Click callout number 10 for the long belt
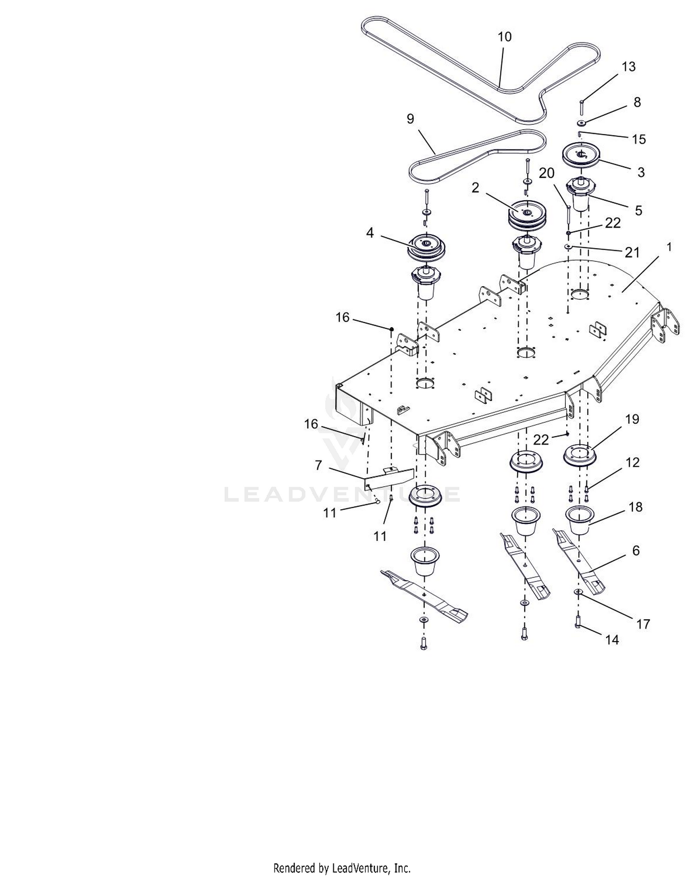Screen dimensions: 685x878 (504, 37)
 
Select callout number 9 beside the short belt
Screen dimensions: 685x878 (410, 119)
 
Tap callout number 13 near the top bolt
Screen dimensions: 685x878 (628, 67)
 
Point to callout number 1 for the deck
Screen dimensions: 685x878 (669, 247)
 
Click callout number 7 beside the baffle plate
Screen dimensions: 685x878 (318, 465)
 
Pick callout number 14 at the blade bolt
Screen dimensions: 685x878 (612, 640)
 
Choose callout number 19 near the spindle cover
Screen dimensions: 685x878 (632, 419)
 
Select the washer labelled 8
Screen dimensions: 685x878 (581, 123)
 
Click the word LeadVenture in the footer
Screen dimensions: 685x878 (361, 867)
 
